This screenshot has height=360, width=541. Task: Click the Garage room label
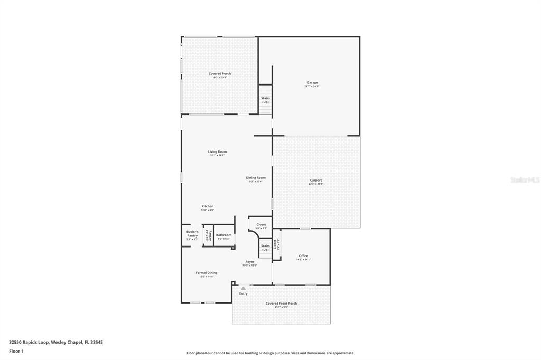point(312,83)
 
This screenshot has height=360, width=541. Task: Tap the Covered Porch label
point(219,74)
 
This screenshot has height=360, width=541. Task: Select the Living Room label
point(217,152)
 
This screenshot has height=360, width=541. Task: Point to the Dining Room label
point(256,178)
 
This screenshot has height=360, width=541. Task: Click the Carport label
point(315,181)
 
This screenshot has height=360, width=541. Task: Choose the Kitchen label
point(207,206)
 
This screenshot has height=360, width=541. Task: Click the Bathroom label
point(223,235)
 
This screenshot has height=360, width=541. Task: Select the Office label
point(303,256)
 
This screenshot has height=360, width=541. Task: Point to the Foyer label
point(249,262)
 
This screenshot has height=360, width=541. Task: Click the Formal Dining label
point(206,273)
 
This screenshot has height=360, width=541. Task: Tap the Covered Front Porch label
point(281,304)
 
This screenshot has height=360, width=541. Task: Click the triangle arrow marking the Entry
point(243,288)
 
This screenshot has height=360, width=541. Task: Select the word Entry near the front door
point(243,293)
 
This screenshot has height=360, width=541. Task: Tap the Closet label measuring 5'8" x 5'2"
point(261,224)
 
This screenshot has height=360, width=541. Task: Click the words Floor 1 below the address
point(16,351)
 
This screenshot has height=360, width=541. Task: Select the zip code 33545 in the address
point(97,342)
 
